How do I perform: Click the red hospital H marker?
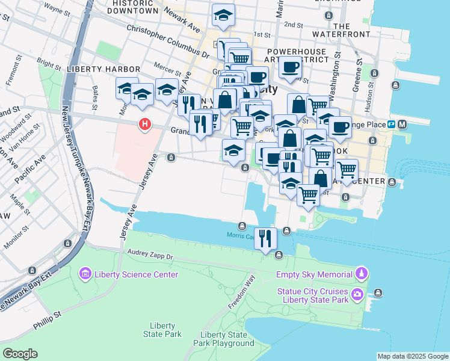(x=144, y=125)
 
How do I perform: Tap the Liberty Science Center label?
(x=137, y=275)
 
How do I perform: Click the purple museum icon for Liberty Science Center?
(x=85, y=275)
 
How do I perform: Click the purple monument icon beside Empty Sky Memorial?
(x=361, y=275)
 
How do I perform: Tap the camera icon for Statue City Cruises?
(x=358, y=294)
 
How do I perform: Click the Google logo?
(x=20, y=354)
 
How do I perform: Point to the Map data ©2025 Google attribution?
(x=413, y=356)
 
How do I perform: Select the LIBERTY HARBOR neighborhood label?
(x=103, y=70)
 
